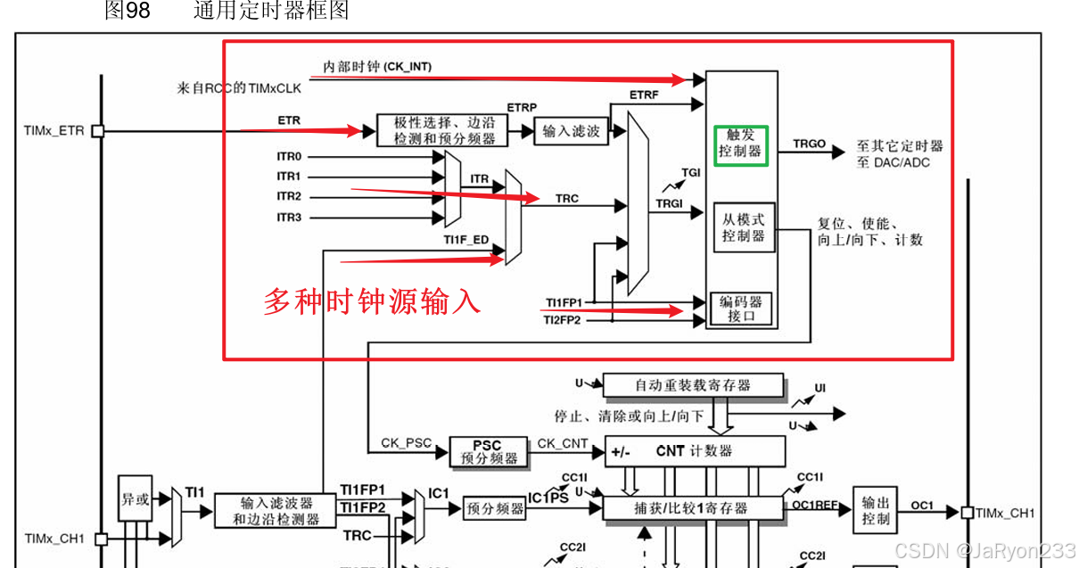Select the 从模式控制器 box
tap(743, 226)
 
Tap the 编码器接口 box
tap(741, 309)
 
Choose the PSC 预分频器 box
tap(487, 451)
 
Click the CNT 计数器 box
tap(695, 451)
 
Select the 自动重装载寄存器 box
tap(693, 385)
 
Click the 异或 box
tap(135, 499)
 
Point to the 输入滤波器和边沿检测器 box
tap(276, 510)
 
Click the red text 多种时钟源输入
tap(372, 300)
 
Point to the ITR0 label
tap(289, 157)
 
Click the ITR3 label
tap(289, 218)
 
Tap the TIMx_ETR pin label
tap(54, 131)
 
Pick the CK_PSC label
tap(407, 442)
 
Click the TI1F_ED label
tap(465, 239)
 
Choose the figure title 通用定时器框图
tap(271, 11)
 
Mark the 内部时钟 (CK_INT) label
tap(377, 67)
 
